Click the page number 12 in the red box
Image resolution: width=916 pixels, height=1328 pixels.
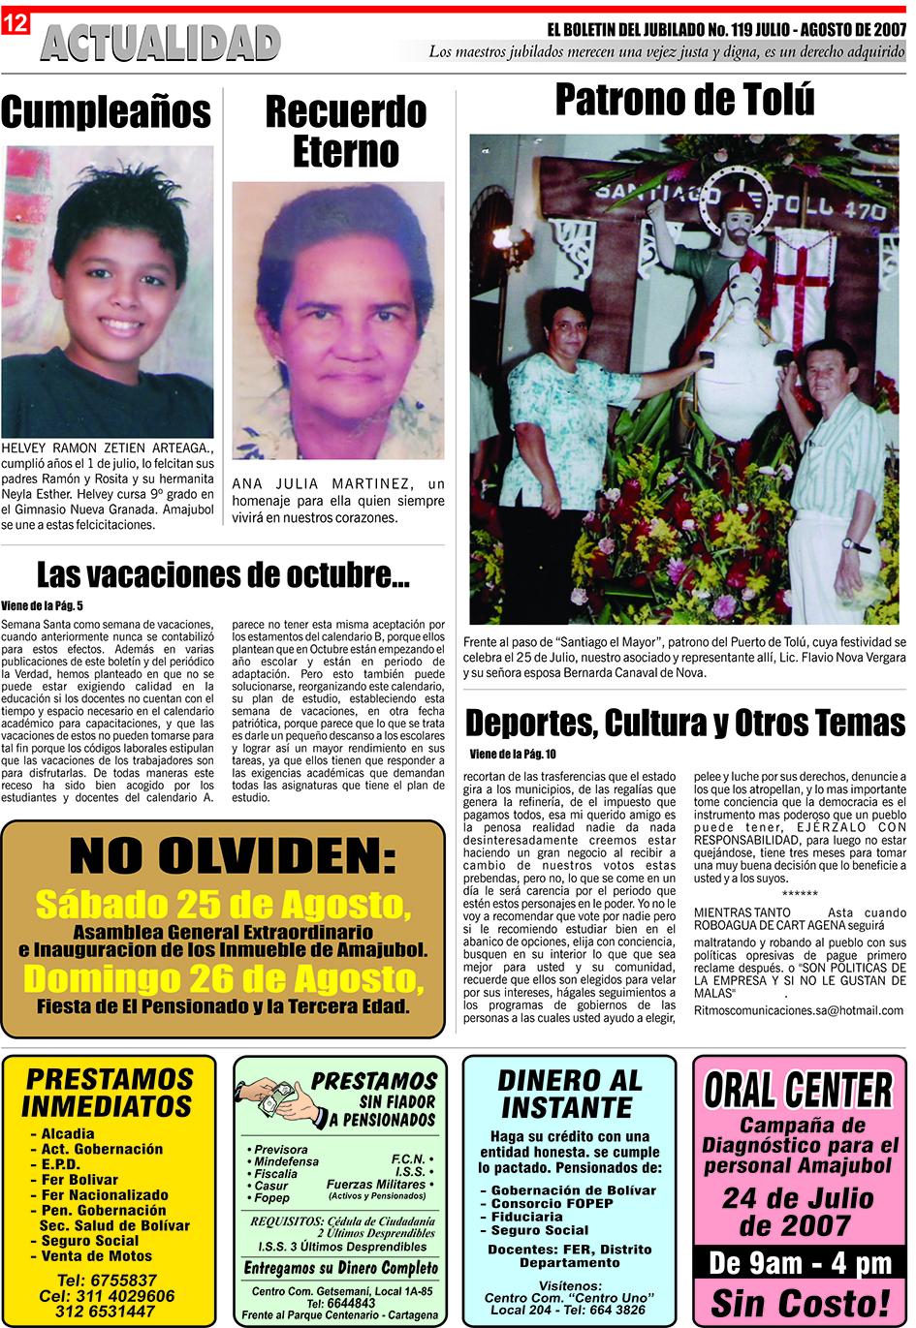pos(15,23)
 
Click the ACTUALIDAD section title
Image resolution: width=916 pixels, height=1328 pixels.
pos(160,44)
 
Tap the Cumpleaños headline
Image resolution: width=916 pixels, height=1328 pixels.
pos(106,112)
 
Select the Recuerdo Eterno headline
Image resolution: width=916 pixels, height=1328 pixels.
pos(346,132)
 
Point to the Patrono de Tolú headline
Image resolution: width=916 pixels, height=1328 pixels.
pos(684,101)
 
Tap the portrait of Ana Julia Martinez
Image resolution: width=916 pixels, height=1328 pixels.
pos(337,320)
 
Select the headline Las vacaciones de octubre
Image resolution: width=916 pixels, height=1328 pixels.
pos(223,575)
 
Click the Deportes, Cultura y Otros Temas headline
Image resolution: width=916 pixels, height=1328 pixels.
pos(685,723)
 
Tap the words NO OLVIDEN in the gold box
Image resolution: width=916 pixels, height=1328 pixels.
pos(233,856)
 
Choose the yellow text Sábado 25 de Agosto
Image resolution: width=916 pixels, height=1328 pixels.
pos(223,905)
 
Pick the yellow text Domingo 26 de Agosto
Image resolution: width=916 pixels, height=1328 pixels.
pos(223,979)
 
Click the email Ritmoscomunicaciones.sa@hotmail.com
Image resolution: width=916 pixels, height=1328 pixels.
pos(798,1010)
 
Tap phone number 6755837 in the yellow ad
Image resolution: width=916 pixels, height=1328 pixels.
pos(107,1281)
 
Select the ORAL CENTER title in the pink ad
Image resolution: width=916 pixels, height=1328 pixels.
pos(798,1090)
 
